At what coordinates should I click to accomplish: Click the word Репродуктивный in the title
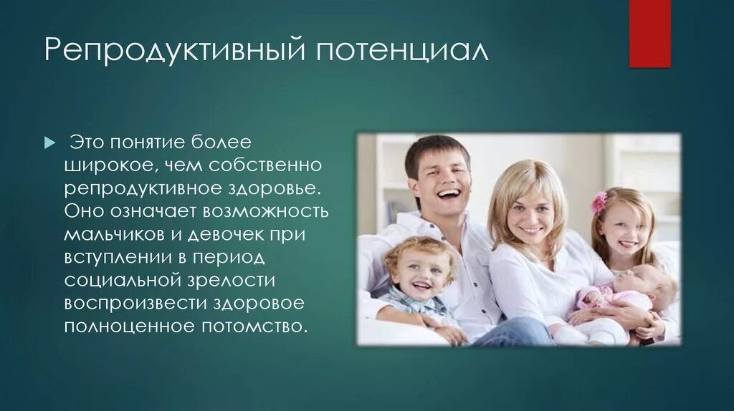coord(175,49)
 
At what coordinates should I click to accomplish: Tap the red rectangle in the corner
coord(649,33)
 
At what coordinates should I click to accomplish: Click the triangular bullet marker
coord(49,142)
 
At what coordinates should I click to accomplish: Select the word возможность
coord(266,211)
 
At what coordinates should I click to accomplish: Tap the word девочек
coord(226,234)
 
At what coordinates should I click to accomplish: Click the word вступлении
coord(123,258)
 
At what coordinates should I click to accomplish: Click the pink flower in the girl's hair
coord(599,203)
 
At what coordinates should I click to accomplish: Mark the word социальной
coord(122,281)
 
